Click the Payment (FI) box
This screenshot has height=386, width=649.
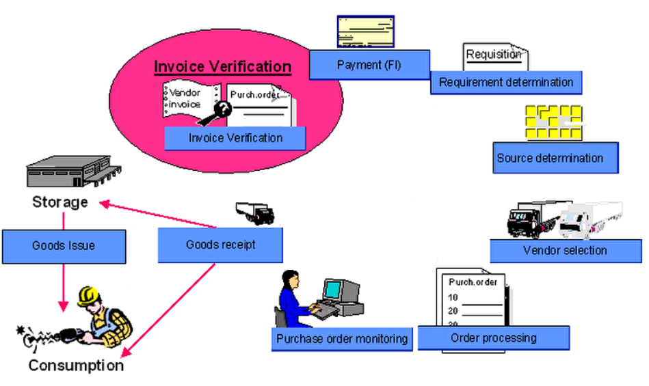(x=369, y=65)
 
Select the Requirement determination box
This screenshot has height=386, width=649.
(x=506, y=83)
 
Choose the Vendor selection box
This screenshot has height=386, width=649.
(x=565, y=250)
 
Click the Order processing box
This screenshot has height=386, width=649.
(x=493, y=338)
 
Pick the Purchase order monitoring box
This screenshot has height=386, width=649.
(x=342, y=339)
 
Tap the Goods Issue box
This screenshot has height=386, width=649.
(x=64, y=246)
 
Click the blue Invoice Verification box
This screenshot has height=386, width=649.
(x=235, y=138)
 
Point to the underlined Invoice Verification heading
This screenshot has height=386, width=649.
(x=222, y=66)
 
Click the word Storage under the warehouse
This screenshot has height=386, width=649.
(x=60, y=202)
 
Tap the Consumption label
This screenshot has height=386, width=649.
(x=76, y=366)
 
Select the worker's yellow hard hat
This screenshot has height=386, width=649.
(x=88, y=295)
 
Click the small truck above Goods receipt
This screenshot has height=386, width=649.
(x=254, y=212)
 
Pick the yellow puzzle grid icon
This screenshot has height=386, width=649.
(x=553, y=122)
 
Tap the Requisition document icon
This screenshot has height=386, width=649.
(x=494, y=56)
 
